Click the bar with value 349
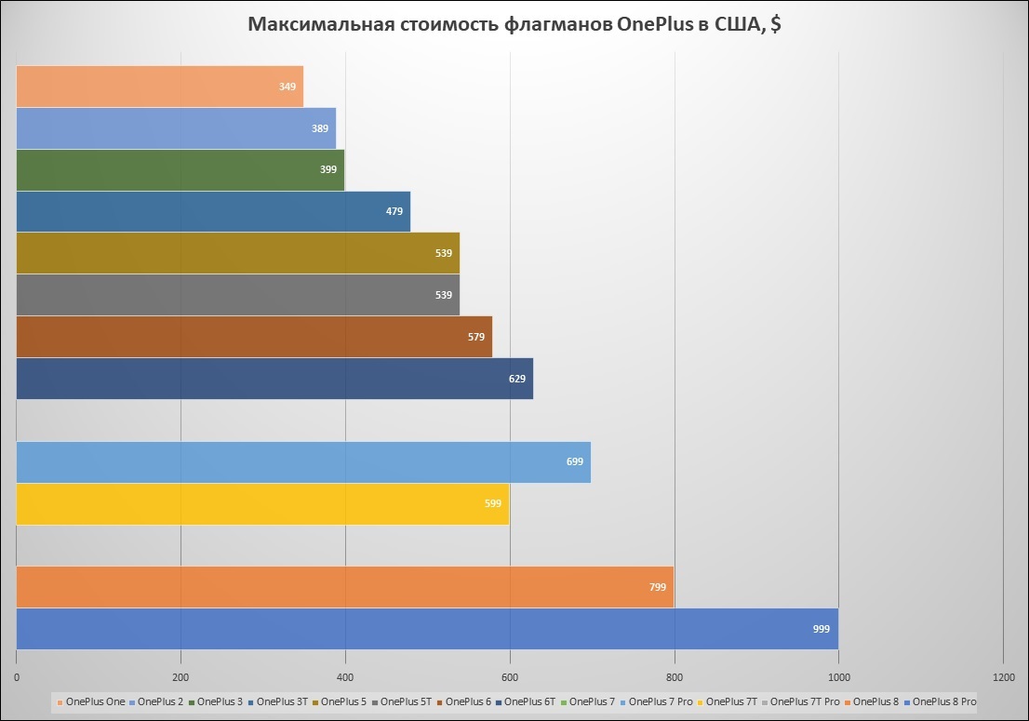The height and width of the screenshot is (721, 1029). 158,87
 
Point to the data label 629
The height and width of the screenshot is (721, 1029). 517,379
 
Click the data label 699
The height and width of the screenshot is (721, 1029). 575,462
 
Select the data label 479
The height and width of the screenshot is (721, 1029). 394,211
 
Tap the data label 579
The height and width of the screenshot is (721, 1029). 476,337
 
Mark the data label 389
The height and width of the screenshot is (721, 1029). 320,128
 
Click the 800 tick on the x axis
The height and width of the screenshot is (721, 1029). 675,676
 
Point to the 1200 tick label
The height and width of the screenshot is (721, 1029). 1003,676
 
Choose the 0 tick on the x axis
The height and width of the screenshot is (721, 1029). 17,676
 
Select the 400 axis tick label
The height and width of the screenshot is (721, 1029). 345,676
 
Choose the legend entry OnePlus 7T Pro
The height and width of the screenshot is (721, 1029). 805,701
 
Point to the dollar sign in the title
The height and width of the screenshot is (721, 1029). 775,25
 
